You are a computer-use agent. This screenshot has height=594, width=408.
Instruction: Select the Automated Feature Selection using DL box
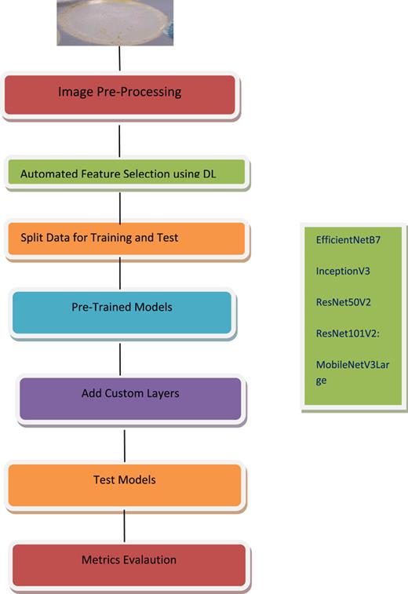127,173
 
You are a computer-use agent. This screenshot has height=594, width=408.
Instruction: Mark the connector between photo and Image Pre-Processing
118,58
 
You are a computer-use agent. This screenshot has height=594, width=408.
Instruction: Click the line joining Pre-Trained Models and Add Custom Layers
120,359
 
